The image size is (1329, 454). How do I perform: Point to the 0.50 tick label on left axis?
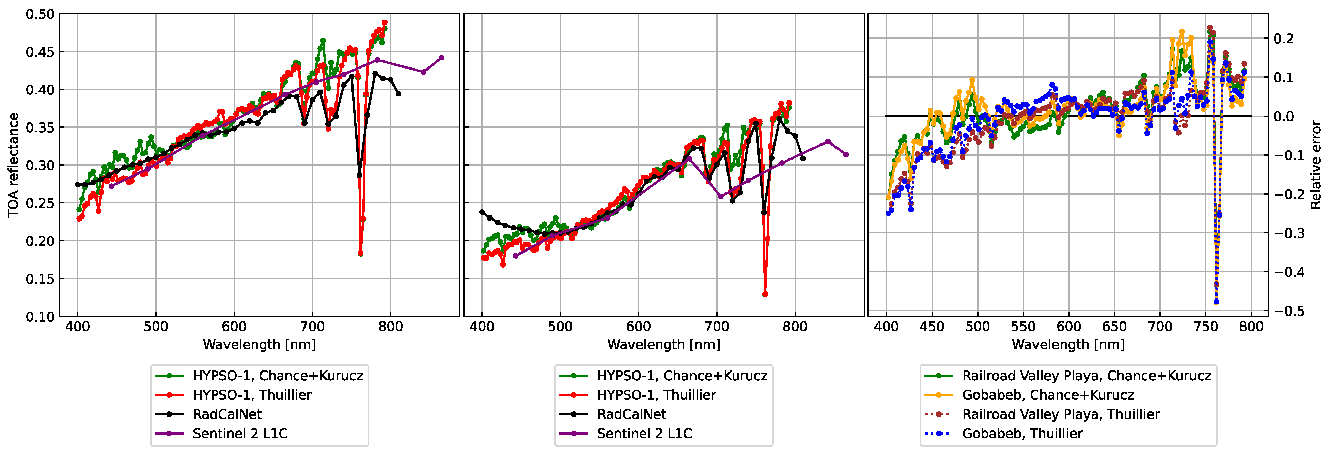(40, 14)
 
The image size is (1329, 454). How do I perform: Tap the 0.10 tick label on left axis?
(40, 316)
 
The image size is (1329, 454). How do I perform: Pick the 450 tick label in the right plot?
(932, 327)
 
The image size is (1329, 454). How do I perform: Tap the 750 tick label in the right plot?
(1206, 327)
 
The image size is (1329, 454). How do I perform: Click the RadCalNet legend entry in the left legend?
(227, 414)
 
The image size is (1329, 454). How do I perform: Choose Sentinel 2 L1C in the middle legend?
(644, 433)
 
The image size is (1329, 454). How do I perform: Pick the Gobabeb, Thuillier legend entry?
(1022, 433)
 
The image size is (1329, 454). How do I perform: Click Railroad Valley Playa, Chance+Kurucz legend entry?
(1086, 376)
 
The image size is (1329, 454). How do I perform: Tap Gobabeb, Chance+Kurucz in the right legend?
(1048, 395)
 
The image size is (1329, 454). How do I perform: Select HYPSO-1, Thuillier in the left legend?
(252, 395)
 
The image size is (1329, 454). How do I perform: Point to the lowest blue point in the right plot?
(1216, 302)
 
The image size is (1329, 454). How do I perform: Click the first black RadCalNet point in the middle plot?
(482, 212)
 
